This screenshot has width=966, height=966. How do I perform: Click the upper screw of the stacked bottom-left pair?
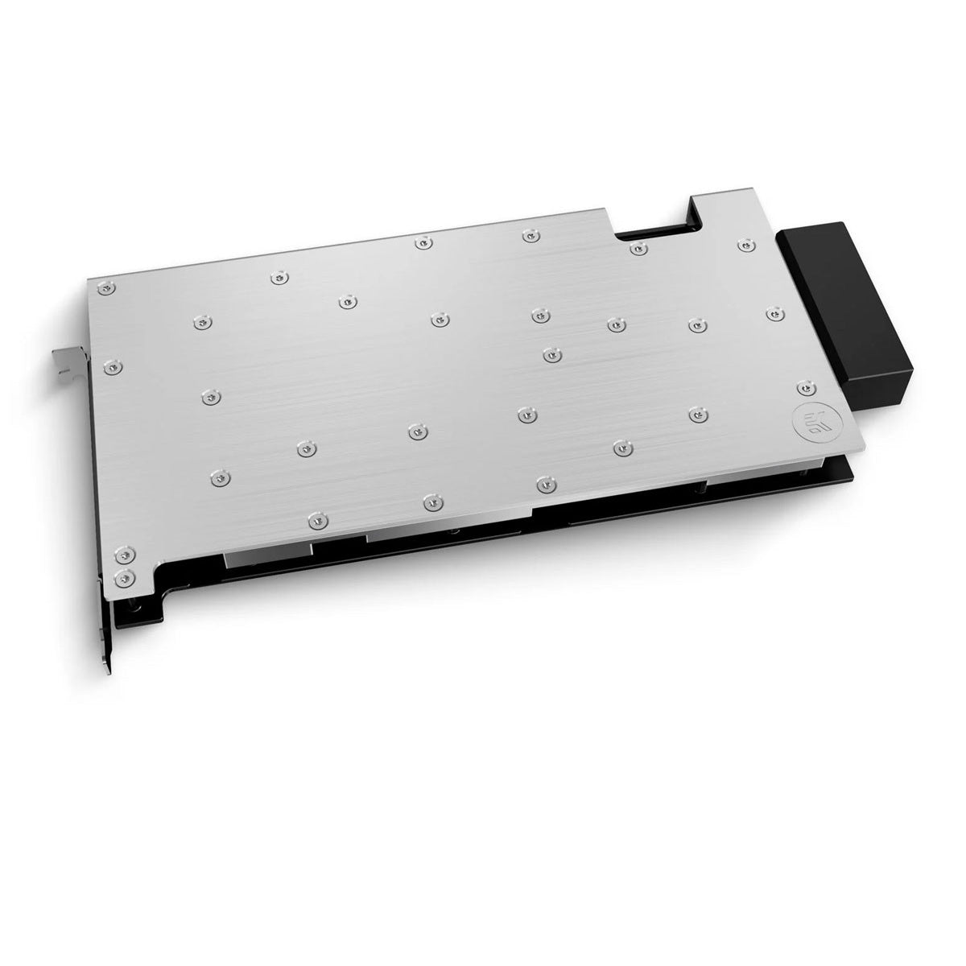122,555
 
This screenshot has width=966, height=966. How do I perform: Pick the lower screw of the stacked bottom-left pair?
122,576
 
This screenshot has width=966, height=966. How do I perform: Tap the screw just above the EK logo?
802,390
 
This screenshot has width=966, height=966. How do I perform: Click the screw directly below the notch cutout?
638,248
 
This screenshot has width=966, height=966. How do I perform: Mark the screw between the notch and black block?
747,244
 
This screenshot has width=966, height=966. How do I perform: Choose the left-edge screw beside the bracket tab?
114,367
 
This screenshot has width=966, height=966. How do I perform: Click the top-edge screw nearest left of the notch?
528,235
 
